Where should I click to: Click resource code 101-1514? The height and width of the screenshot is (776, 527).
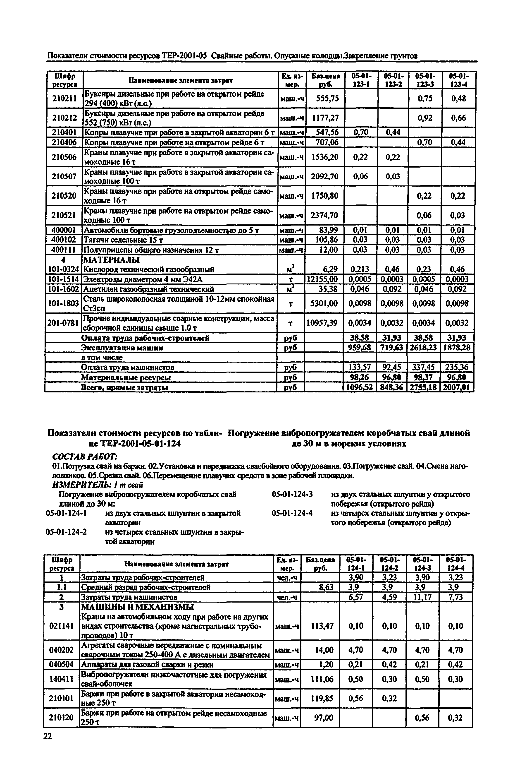pos(63,279)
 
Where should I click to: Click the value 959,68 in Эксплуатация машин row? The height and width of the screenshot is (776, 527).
pos(360,348)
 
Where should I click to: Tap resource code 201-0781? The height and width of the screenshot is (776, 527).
pos(63,322)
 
